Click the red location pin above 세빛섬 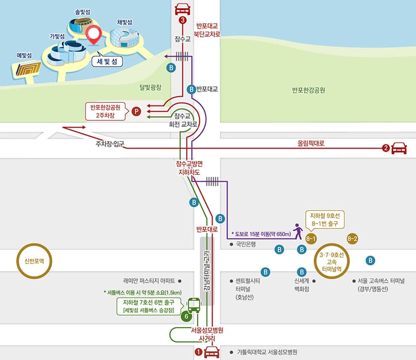tap(94, 35)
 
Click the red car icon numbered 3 tap(182, 9)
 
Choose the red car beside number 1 tap(212, 352)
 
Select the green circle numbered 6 tap(186, 317)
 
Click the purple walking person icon tap(298, 231)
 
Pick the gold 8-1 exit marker tap(310, 239)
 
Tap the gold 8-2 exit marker tap(353, 239)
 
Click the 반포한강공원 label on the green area tap(308, 91)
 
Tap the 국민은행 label tap(246, 245)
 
